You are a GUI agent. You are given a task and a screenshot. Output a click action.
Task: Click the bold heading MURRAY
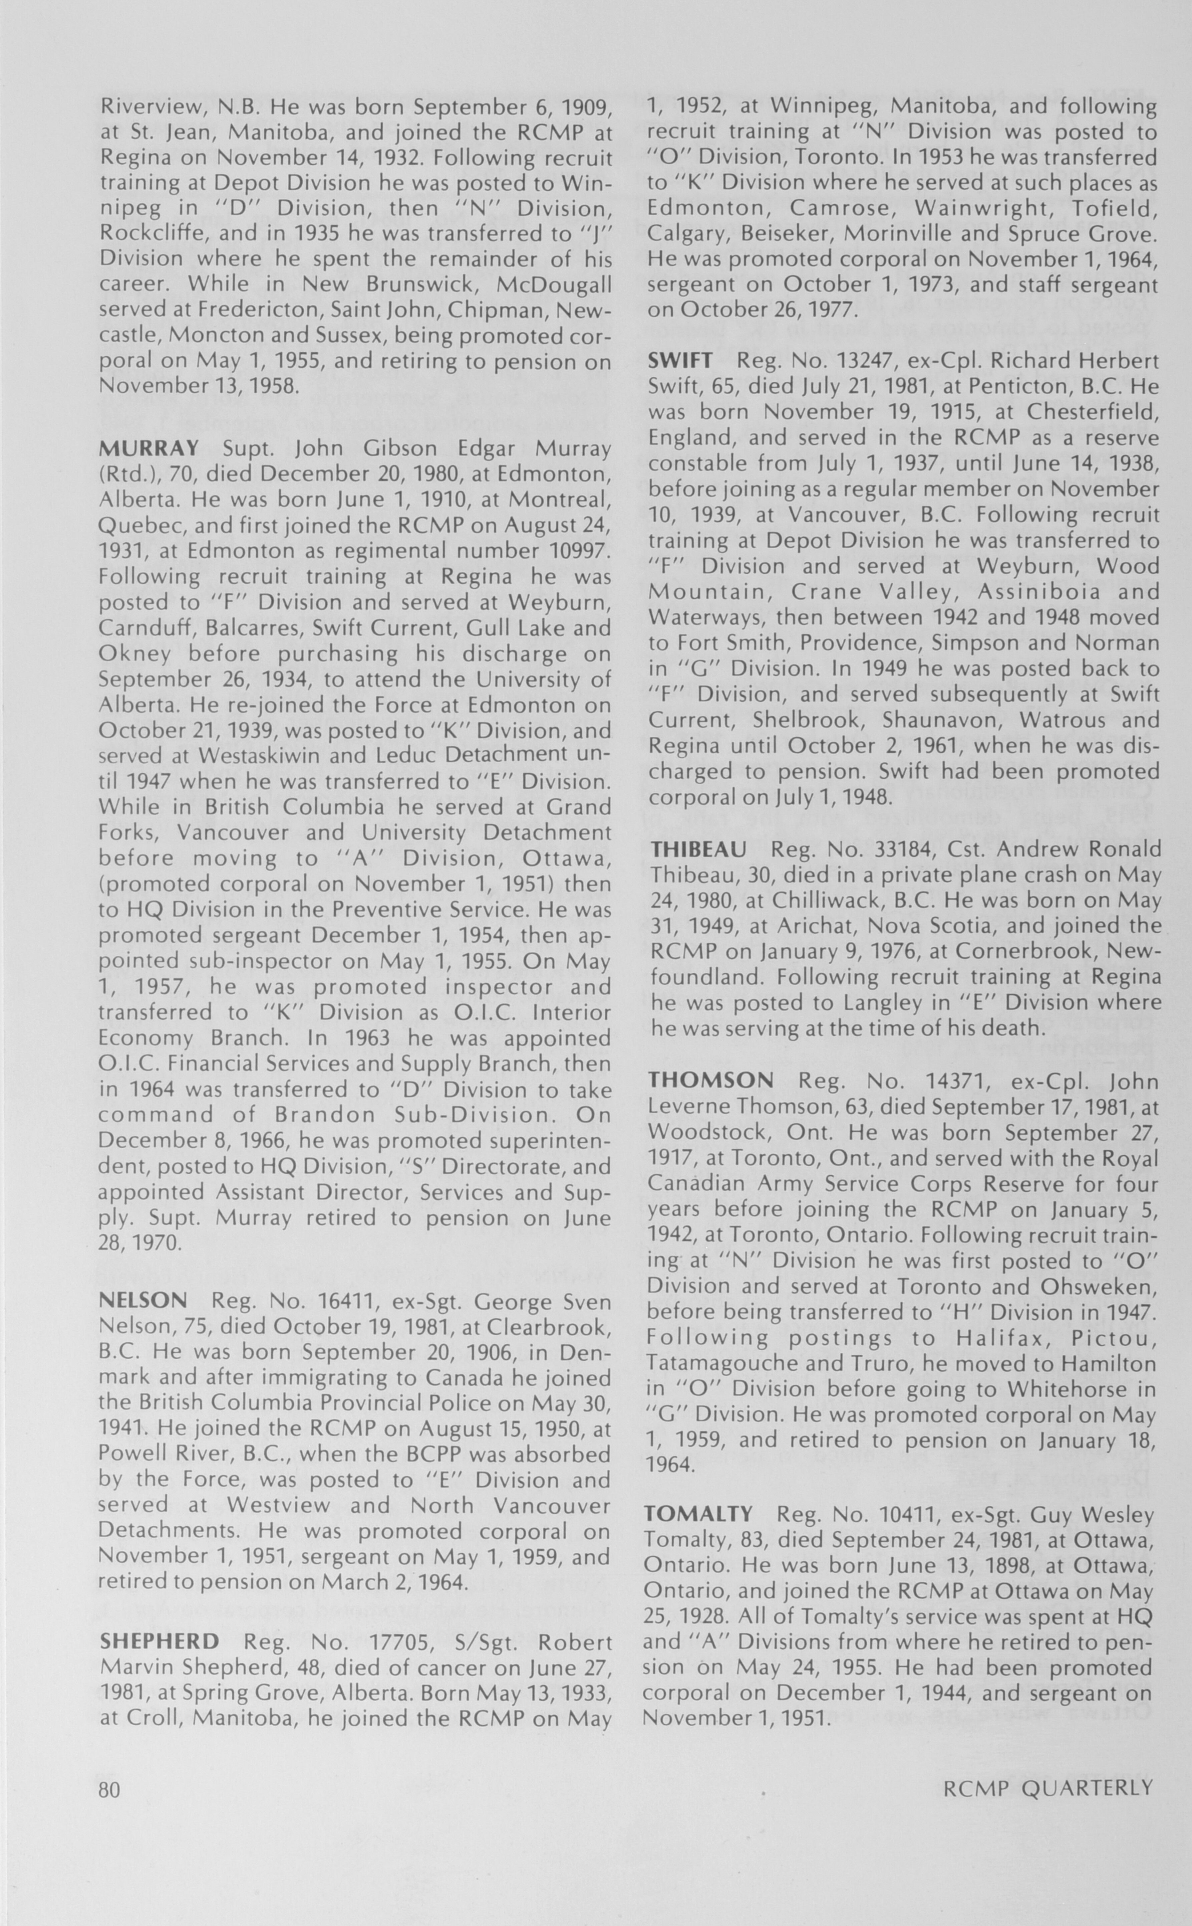pos(149,449)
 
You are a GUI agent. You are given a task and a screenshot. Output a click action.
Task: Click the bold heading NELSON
pos(143,1301)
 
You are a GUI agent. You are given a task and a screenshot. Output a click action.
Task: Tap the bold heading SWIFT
pos(680,360)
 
